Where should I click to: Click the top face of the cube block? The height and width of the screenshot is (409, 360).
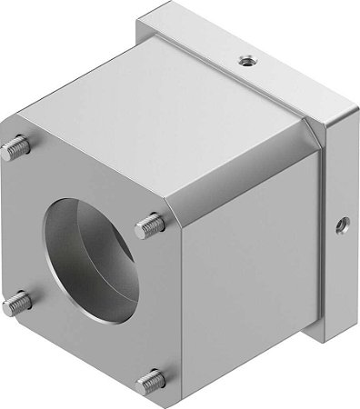pos(164,118)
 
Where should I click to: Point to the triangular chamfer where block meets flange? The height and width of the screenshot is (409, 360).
pos(315,136)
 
